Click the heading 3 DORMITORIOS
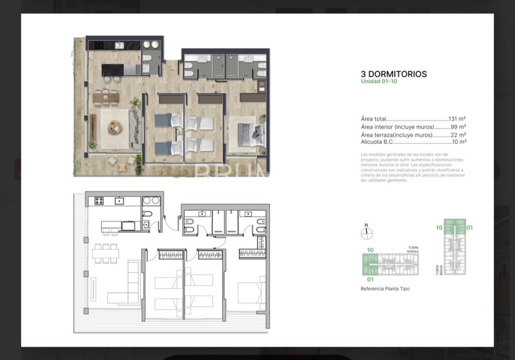pyautogui.click(x=394, y=74)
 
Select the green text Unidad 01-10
pyautogui.click(x=379, y=82)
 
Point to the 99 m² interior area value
pyautogui.click(x=459, y=127)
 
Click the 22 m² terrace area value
pyautogui.click(x=459, y=135)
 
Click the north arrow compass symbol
pyautogui.click(x=367, y=233)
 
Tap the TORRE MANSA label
pyautogui.click(x=413, y=249)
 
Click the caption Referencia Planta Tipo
pyautogui.click(x=385, y=289)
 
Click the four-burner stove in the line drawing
pyautogui.click(x=99, y=200)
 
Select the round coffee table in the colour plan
pyautogui.click(x=115, y=127)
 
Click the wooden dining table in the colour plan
pyautogui.click(x=105, y=97)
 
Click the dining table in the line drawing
pyautogui.click(x=105, y=253)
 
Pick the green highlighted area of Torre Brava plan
pyautogui.click(x=454, y=226)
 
